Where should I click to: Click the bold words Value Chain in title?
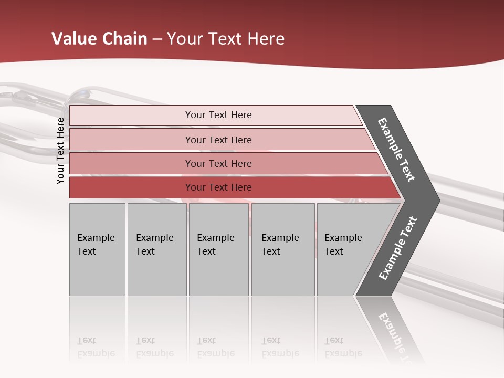[x=99, y=39]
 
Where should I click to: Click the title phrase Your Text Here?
[x=226, y=39]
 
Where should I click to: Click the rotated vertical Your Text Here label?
[x=60, y=151]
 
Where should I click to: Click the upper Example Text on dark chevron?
[x=396, y=150]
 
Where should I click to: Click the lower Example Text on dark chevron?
[x=398, y=248]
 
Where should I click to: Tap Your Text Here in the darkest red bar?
[x=218, y=187]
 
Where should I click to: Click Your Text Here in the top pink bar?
[x=218, y=115]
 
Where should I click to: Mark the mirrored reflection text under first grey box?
[x=96, y=347]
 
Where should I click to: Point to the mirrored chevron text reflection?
[x=396, y=336]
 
